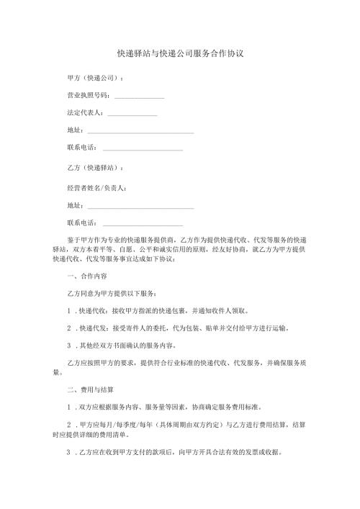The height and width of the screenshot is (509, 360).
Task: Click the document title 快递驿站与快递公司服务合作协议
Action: (181, 54)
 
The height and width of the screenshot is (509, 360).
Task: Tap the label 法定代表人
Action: (84, 113)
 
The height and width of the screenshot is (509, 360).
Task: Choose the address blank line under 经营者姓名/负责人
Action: (140, 207)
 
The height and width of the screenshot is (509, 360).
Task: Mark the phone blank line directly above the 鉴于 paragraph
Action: (143, 224)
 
